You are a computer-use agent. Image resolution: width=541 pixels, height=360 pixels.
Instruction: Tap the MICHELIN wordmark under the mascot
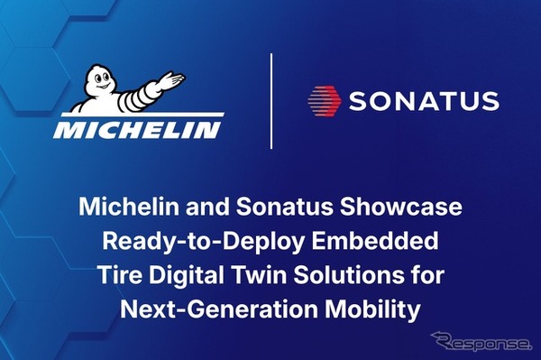coord(136,129)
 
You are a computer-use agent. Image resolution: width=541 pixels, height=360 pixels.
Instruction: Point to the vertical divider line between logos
coord(271,100)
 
